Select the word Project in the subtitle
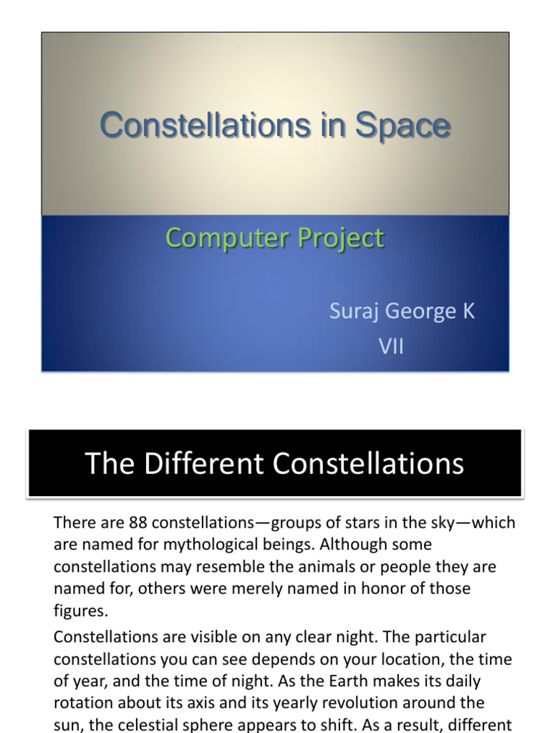(x=339, y=238)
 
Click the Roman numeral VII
(x=391, y=347)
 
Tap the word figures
(x=81, y=611)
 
